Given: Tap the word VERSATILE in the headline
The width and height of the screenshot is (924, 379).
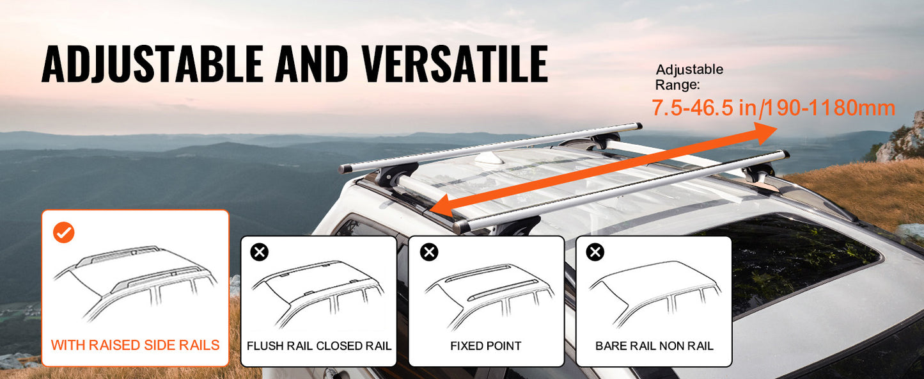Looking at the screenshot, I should coord(454,64).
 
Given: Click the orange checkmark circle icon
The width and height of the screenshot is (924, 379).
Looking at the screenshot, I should coord(63,232).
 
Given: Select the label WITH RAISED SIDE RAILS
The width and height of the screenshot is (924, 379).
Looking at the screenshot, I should coord(135,345).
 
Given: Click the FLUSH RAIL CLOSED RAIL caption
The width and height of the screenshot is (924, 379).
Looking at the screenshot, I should coord(318,346).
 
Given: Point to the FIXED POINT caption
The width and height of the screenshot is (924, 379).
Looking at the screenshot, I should coord(486,346).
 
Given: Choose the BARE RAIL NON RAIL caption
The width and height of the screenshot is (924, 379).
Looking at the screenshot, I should coord(654,346).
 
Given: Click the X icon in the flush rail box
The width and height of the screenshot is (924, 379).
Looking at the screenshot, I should coord(260,252).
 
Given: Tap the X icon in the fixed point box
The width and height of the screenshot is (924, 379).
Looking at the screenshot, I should coord(428,252).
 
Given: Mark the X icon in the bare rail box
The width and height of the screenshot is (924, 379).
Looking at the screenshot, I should coord(595,252).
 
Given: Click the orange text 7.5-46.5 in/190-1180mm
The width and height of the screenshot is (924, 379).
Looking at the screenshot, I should coord(772,108).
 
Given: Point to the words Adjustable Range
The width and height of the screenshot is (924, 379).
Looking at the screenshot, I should coord(689,76).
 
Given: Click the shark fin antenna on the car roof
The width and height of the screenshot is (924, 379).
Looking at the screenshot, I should coord(493,157).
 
